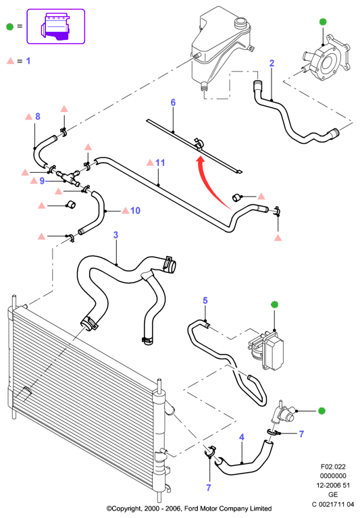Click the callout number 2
272,63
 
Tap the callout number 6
173,103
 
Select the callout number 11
160,163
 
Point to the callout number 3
115,235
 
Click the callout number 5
205,301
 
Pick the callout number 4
242,438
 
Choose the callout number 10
135,211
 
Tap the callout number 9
42,181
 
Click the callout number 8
38,116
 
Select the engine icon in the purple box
55,26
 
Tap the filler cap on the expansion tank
240,24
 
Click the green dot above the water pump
323,22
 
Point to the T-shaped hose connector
68,177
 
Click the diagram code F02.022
333,467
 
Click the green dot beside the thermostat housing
322,411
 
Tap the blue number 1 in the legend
28,61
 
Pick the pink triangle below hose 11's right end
278,238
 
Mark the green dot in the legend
10,27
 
